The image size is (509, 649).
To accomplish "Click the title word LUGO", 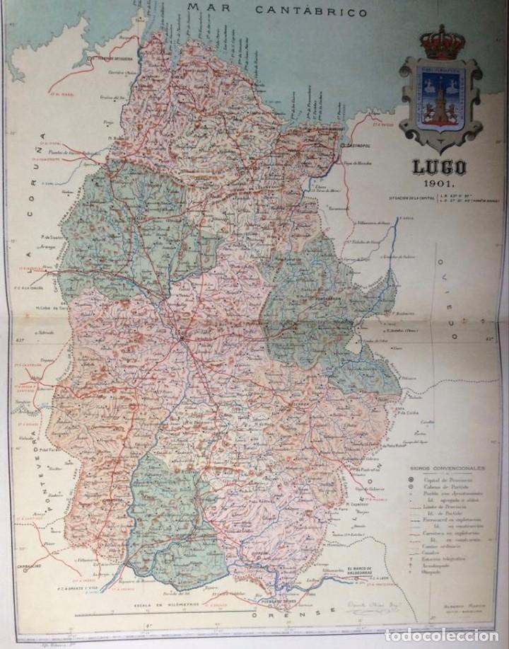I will point(439,168).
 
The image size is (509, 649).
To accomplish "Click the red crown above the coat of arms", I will point(440,44).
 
